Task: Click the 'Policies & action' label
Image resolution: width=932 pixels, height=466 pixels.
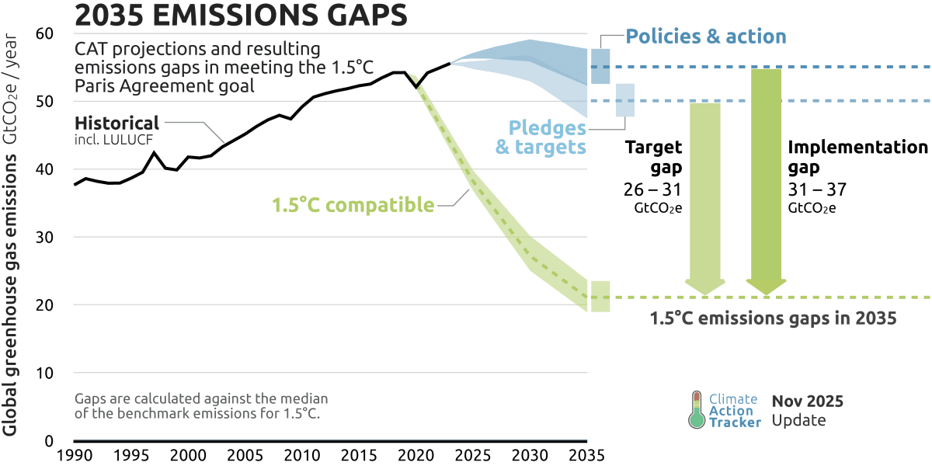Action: point(706,37)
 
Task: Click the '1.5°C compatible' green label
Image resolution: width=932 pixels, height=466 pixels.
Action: point(353,206)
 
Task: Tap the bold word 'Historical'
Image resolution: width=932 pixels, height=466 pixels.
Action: point(116,123)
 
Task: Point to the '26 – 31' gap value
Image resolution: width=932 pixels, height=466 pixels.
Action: point(652,190)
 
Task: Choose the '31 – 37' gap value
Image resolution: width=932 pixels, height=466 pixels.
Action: point(817,190)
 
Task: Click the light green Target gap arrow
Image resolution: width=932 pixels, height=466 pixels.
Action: point(705,194)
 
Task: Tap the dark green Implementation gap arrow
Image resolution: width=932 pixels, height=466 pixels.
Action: point(766,179)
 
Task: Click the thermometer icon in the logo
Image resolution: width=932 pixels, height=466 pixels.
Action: point(696,409)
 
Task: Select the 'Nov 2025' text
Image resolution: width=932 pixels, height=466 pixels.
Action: point(807,402)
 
